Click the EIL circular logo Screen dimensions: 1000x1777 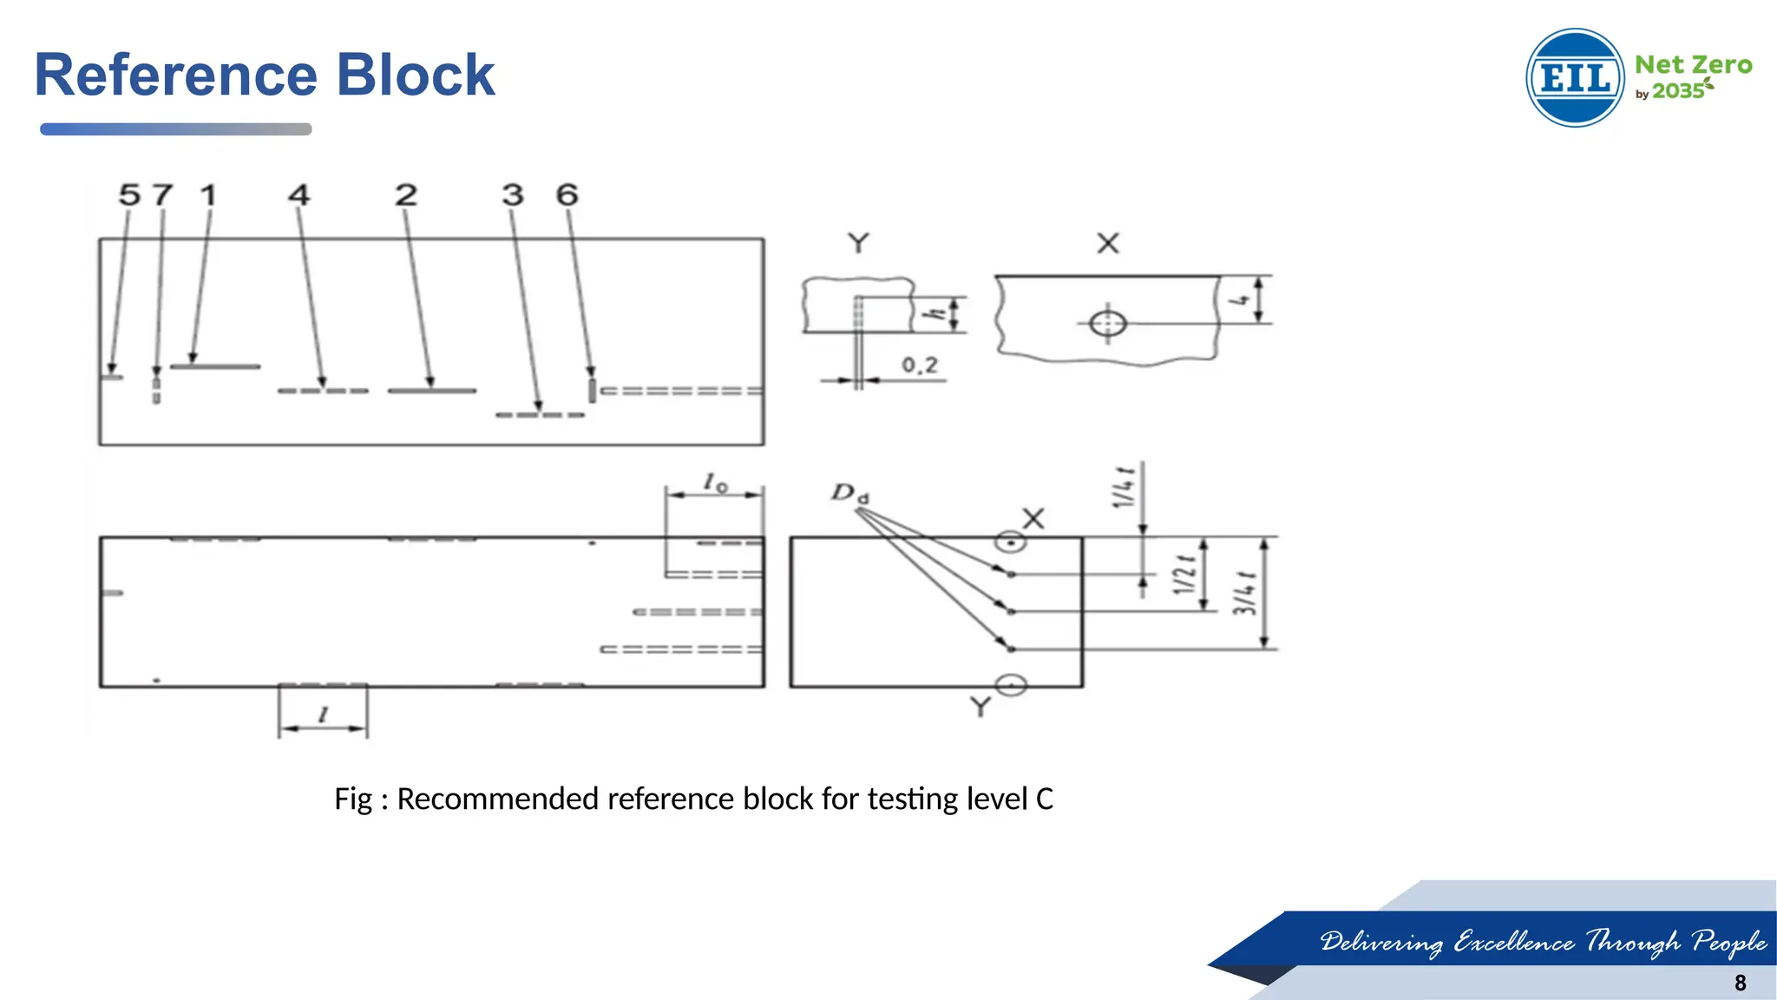click(1574, 78)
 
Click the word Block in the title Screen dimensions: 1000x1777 click(415, 75)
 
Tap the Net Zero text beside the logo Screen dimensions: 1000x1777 click(1693, 65)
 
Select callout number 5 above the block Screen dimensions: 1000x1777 click(129, 194)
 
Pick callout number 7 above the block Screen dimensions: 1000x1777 click(162, 194)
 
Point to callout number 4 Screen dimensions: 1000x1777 click(298, 194)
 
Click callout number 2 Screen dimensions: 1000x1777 click(406, 194)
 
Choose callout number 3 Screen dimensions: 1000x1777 click(513, 194)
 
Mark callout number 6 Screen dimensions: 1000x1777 click(567, 194)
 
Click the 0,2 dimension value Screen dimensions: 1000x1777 click(920, 365)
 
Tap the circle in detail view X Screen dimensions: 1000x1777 click(1108, 324)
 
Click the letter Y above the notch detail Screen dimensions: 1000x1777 click(858, 243)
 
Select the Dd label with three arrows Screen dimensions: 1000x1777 click(849, 493)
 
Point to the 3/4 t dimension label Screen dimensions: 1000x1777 click(1244, 593)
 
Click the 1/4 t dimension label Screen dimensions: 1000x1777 click(1124, 487)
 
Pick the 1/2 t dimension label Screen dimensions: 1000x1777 click(1184, 575)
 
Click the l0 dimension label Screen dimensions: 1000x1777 click(715, 482)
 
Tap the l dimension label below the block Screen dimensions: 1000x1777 click(323, 714)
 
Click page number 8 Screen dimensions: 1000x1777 click(1740, 983)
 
